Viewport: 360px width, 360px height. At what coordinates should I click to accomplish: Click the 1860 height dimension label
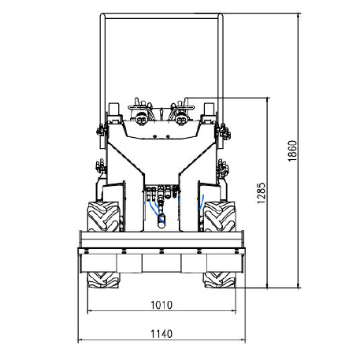[292, 151]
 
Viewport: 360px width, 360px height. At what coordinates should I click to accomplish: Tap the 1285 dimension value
[262, 193]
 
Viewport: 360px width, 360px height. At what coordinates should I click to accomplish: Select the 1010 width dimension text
[161, 305]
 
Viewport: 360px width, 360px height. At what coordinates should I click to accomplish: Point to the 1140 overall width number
[161, 334]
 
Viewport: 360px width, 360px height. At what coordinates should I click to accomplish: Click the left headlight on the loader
[142, 118]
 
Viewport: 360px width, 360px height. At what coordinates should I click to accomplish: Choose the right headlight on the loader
[181, 118]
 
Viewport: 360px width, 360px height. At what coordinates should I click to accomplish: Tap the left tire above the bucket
[103, 217]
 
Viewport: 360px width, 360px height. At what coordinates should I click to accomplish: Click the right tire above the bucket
[220, 217]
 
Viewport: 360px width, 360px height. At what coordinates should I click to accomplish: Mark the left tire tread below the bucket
[103, 280]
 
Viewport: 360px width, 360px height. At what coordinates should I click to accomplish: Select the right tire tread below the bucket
[220, 280]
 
